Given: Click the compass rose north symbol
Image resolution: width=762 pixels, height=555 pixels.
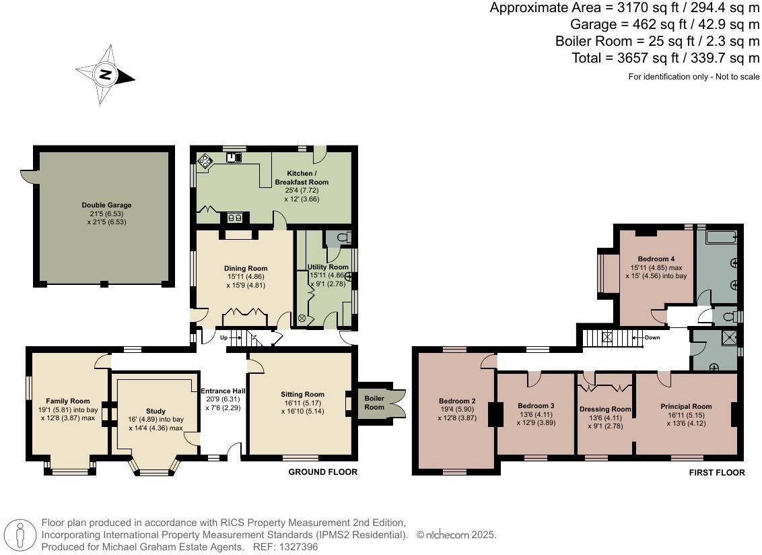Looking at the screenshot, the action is tap(106, 74).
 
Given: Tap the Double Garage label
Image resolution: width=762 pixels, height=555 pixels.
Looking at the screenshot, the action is tap(106, 205).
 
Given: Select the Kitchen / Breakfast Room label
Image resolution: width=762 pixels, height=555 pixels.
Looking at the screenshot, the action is tap(302, 178).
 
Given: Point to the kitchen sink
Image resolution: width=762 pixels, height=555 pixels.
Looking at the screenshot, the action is tap(234, 157).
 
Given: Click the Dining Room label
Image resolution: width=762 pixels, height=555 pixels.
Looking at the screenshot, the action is tap(246, 269).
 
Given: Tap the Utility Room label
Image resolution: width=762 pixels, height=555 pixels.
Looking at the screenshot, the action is tap(328, 267).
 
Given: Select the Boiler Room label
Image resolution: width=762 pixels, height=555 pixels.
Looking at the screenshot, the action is tap(374, 402).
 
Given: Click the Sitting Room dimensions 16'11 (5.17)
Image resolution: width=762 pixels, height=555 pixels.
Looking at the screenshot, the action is tap(302, 403).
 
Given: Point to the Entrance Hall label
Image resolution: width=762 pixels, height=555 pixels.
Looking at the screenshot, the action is tap(223, 391).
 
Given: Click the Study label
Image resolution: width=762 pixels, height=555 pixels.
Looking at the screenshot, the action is tap(155, 411).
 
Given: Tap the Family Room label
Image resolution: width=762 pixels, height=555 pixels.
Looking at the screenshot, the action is tap(68, 401).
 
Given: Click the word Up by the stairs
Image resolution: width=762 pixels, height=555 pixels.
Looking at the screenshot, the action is tap(223, 337).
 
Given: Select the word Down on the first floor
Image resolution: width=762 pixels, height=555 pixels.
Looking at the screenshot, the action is tap(652, 337).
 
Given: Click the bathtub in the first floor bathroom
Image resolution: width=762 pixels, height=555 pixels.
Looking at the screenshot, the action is tap(722, 237).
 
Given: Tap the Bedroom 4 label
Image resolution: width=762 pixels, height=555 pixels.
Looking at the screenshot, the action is tap(656, 259).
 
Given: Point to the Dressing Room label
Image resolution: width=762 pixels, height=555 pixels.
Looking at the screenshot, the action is tap(605, 409).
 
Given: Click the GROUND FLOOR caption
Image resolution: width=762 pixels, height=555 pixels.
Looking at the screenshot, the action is tap(322, 472).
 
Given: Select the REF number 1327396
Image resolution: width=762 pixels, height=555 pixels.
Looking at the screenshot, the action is tap(298, 547).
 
